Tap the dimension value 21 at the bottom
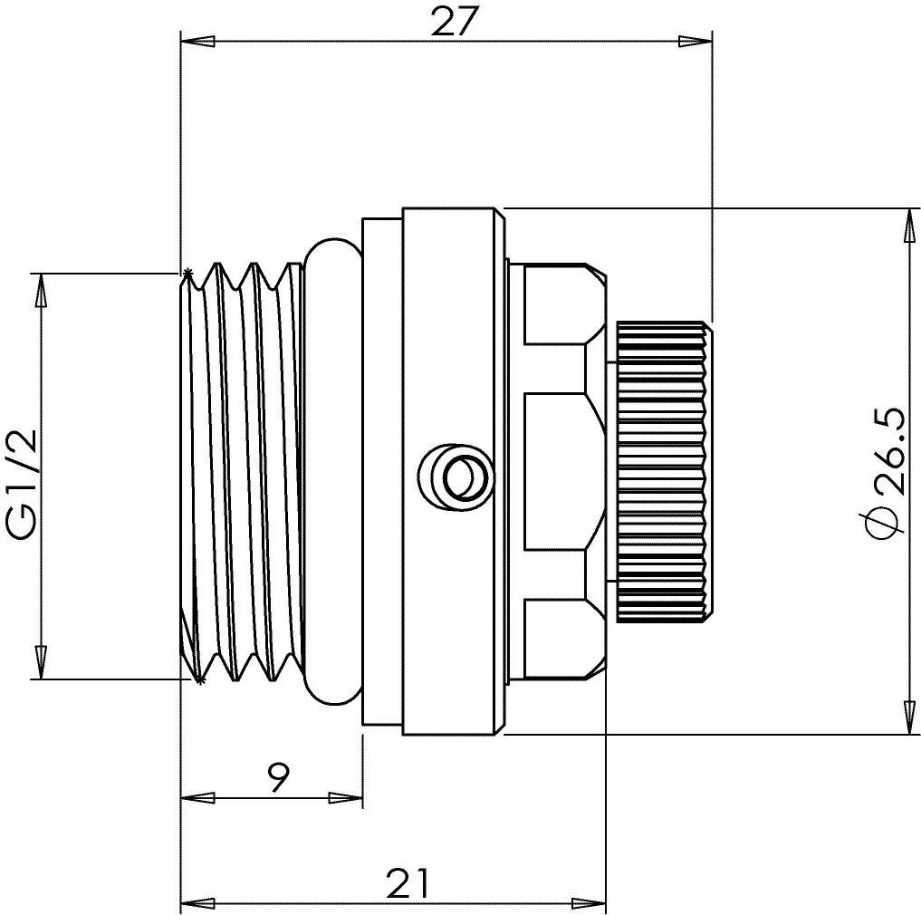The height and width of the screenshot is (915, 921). [408, 881]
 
